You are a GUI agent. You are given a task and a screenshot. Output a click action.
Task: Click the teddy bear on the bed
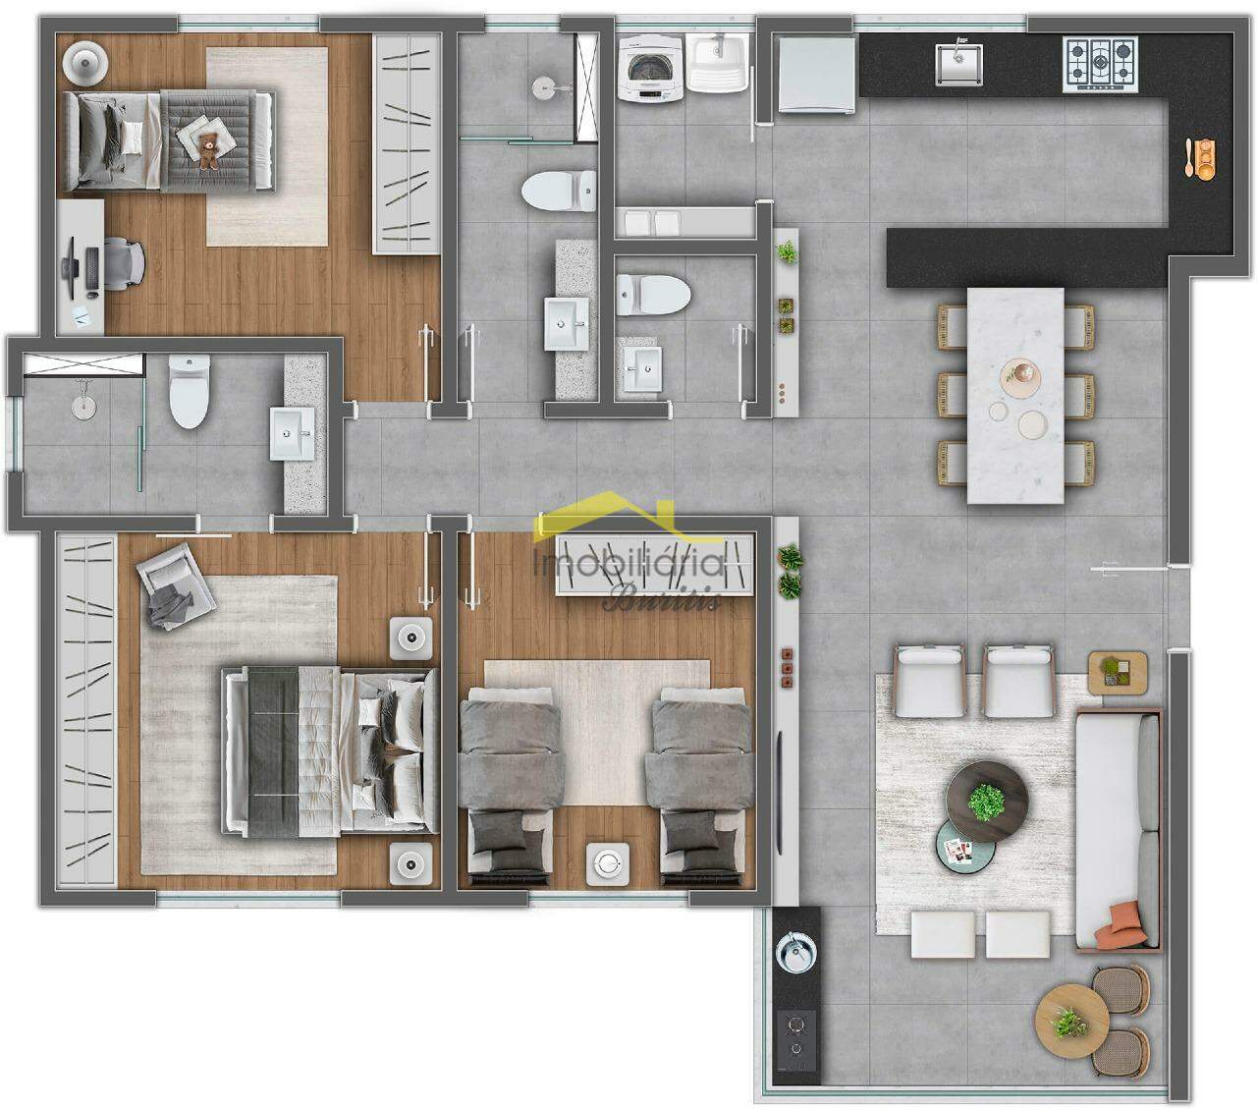coord(209,150)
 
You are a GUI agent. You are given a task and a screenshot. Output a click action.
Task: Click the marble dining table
coord(1015,395)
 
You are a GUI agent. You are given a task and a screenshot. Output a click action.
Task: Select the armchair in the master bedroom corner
coord(175,587)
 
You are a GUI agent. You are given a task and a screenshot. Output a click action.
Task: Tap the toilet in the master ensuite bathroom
coord(190,393)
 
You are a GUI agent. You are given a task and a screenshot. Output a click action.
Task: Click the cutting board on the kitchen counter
coord(1201,157)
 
